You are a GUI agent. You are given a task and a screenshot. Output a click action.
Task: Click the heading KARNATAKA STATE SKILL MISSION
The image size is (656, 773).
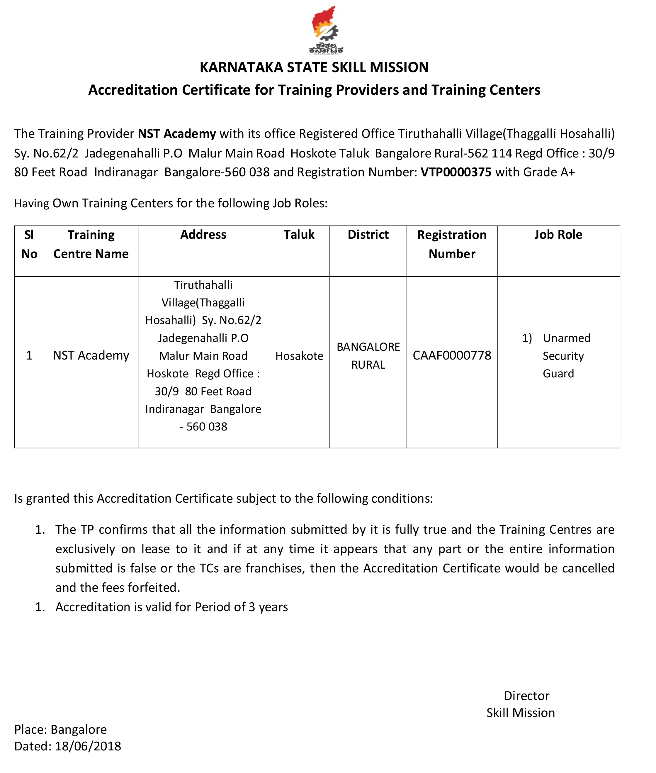(314, 67)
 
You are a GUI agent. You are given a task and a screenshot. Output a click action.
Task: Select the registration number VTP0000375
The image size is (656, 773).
(456, 172)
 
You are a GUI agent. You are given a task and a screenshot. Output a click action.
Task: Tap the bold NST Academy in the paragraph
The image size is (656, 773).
(177, 133)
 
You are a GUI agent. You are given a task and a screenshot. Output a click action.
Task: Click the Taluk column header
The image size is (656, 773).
(299, 235)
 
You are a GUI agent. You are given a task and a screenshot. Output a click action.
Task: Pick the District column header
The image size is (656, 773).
(368, 235)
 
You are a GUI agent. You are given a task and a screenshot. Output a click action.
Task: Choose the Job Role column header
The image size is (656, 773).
(558, 235)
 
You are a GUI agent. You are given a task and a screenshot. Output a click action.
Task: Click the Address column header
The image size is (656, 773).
(203, 235)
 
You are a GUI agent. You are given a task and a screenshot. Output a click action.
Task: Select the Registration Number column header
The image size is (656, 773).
(452, 244)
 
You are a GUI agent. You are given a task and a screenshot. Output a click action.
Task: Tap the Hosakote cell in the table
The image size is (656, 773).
(299, 356)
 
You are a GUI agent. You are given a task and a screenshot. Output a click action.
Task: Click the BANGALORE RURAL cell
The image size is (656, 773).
(368, 356)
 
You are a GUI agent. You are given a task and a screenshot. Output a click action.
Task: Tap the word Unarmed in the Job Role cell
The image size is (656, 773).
(566, 338)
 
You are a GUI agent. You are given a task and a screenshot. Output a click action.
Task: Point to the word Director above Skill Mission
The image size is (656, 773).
(526, 696)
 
